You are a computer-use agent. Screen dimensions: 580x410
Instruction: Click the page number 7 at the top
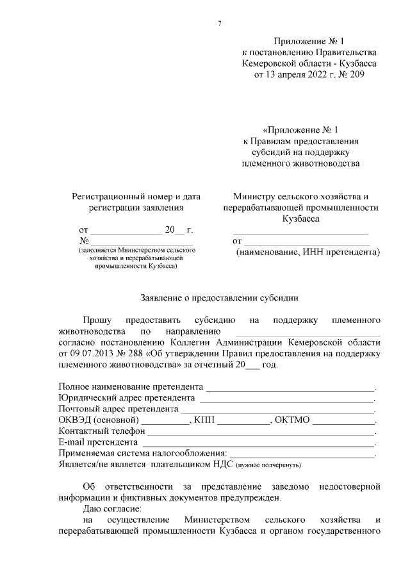point(220,24)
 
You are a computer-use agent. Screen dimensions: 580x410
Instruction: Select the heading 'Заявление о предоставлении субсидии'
point(219,297)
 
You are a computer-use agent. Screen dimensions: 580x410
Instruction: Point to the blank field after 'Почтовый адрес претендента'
point(277,410)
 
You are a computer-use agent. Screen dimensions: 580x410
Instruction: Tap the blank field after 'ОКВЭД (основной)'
point(165,420)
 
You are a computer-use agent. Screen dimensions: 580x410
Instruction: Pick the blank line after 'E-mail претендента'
point(258,442)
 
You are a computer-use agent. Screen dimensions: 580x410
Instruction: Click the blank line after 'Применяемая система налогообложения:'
point(302,454)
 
